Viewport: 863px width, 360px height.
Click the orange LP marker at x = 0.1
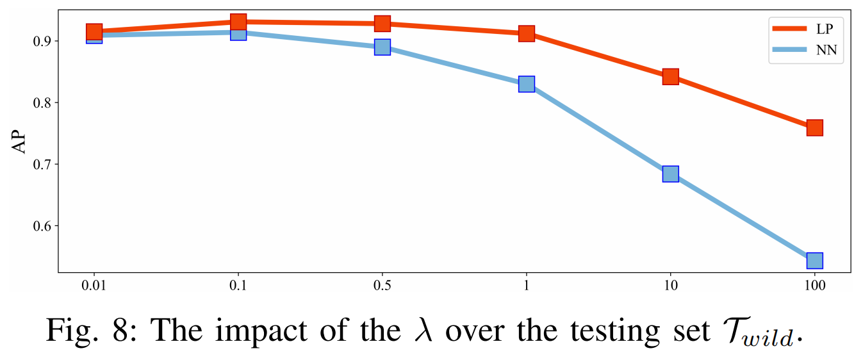click(238, 22)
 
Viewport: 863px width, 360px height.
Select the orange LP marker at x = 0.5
click(382, 24)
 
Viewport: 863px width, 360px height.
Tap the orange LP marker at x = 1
click(527, 33)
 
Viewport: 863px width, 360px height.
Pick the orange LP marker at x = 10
click(671, 77)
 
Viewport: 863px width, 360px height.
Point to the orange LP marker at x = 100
click(815, 127)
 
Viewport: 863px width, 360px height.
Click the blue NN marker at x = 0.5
click(382, 47)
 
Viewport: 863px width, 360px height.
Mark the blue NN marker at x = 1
click(527, 84)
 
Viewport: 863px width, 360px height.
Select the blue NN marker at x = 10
click(671, 174)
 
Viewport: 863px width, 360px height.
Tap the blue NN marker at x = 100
click(815, 260)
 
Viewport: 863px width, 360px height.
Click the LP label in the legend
click(826, 29)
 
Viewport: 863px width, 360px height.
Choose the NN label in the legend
click(826, 50)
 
